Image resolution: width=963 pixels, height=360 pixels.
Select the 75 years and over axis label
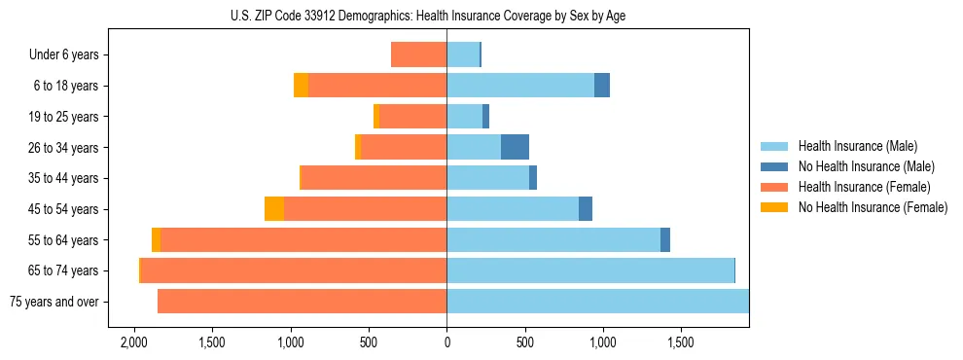point(53,302)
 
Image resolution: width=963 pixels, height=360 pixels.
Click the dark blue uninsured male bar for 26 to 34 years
point(515,147)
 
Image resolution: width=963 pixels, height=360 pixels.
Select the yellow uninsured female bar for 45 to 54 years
point(274,209)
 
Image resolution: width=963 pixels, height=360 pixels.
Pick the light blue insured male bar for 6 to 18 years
point(520,86)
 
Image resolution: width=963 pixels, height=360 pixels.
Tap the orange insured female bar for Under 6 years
point(418,54)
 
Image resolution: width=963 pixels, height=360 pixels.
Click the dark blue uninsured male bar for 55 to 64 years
point(665,239)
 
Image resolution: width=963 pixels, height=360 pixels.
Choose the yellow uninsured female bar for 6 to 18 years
point(301,86)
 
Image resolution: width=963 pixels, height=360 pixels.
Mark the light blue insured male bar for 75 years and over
point(597,302)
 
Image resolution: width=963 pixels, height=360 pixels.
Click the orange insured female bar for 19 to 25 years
point(412,117)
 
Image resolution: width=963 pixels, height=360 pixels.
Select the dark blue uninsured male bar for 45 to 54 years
point(586,209)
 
